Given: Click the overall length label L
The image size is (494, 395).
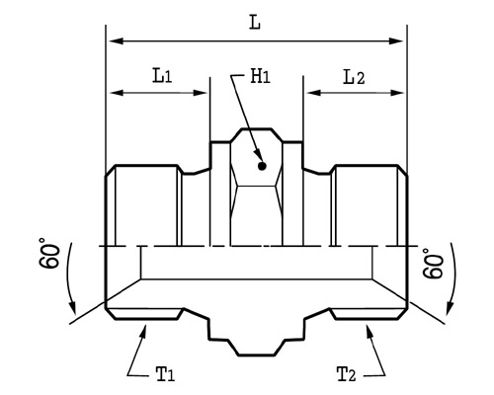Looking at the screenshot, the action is click(x=255, y=23).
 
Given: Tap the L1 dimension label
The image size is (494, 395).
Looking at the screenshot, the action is click(x=162, y=75).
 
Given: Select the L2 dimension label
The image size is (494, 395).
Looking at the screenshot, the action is click(x=354, y=77).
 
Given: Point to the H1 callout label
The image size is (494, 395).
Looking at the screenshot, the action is click(x=260, y=76).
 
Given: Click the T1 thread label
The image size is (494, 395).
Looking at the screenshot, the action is click(x=165, y=374).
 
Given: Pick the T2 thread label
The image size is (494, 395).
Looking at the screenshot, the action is click(x=346, y=374).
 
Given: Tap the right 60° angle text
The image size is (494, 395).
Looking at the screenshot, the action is click(x=433, y=264).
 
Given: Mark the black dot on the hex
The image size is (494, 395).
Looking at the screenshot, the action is click(x=262, y=166).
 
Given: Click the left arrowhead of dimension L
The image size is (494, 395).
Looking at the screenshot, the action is click(x=116, y=41).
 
